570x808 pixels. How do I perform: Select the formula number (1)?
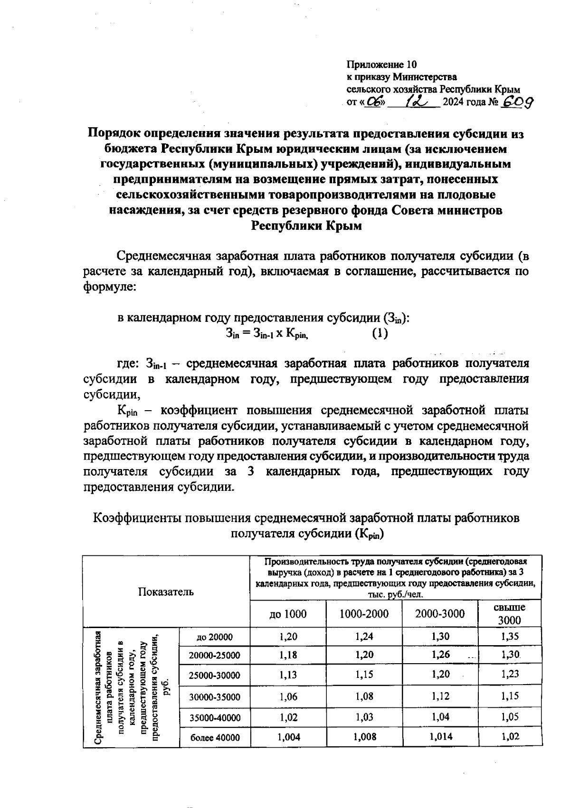click(x=380, y=334)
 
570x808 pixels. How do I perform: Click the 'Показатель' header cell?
click(x=166, y=592)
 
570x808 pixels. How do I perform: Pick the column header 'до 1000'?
click(x=288, y=614)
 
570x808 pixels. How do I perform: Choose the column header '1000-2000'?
click(x=364, y=614)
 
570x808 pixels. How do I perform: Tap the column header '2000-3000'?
click(x=440, y=614)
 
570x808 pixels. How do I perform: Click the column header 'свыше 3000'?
click(x=510, y=614)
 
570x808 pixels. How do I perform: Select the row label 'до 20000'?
click(x=215, y=637)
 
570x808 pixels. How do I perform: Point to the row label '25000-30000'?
click(x=215, y=675)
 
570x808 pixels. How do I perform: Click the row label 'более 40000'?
click(x=215, y=738)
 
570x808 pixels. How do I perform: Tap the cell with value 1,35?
click(x=510, y=637)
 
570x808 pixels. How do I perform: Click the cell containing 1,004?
click(x=288, y=737)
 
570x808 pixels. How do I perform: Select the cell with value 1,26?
click(x=440, y=655)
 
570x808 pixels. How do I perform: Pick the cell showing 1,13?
click(x=288, y=674)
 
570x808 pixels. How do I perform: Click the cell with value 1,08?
click(x=364, y=696)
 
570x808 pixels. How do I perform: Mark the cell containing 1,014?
click(x=440, y=737)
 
